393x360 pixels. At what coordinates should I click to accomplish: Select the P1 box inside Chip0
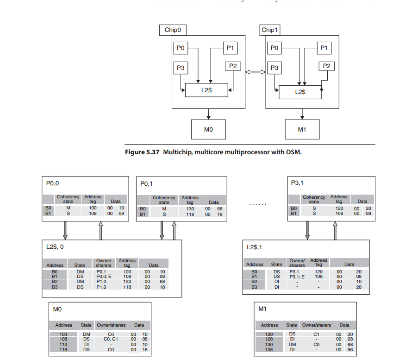click(x=230, y=48)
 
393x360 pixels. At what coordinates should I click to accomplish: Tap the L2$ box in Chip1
click(x=300, y=92)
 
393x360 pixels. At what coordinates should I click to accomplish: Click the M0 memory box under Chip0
click(x=208, y=129)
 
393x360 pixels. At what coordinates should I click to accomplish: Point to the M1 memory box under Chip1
click(x=302, y=129)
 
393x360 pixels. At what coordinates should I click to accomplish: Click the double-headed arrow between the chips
click(x=255, y=72)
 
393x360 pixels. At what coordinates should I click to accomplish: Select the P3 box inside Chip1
click(x=274, y=68)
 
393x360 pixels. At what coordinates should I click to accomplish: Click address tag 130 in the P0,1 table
click(x=190, y=209)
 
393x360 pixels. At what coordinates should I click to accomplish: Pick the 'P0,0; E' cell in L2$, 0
click(x=104, y=277)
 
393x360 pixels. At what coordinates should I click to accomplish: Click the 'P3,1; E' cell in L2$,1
click(x=298, y=277)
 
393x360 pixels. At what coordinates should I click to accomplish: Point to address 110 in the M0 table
click(x=63, y=344)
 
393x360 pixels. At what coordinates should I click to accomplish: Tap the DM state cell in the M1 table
click(x=292, y=344)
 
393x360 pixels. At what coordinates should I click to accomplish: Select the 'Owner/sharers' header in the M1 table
click(x=317, y=325)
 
